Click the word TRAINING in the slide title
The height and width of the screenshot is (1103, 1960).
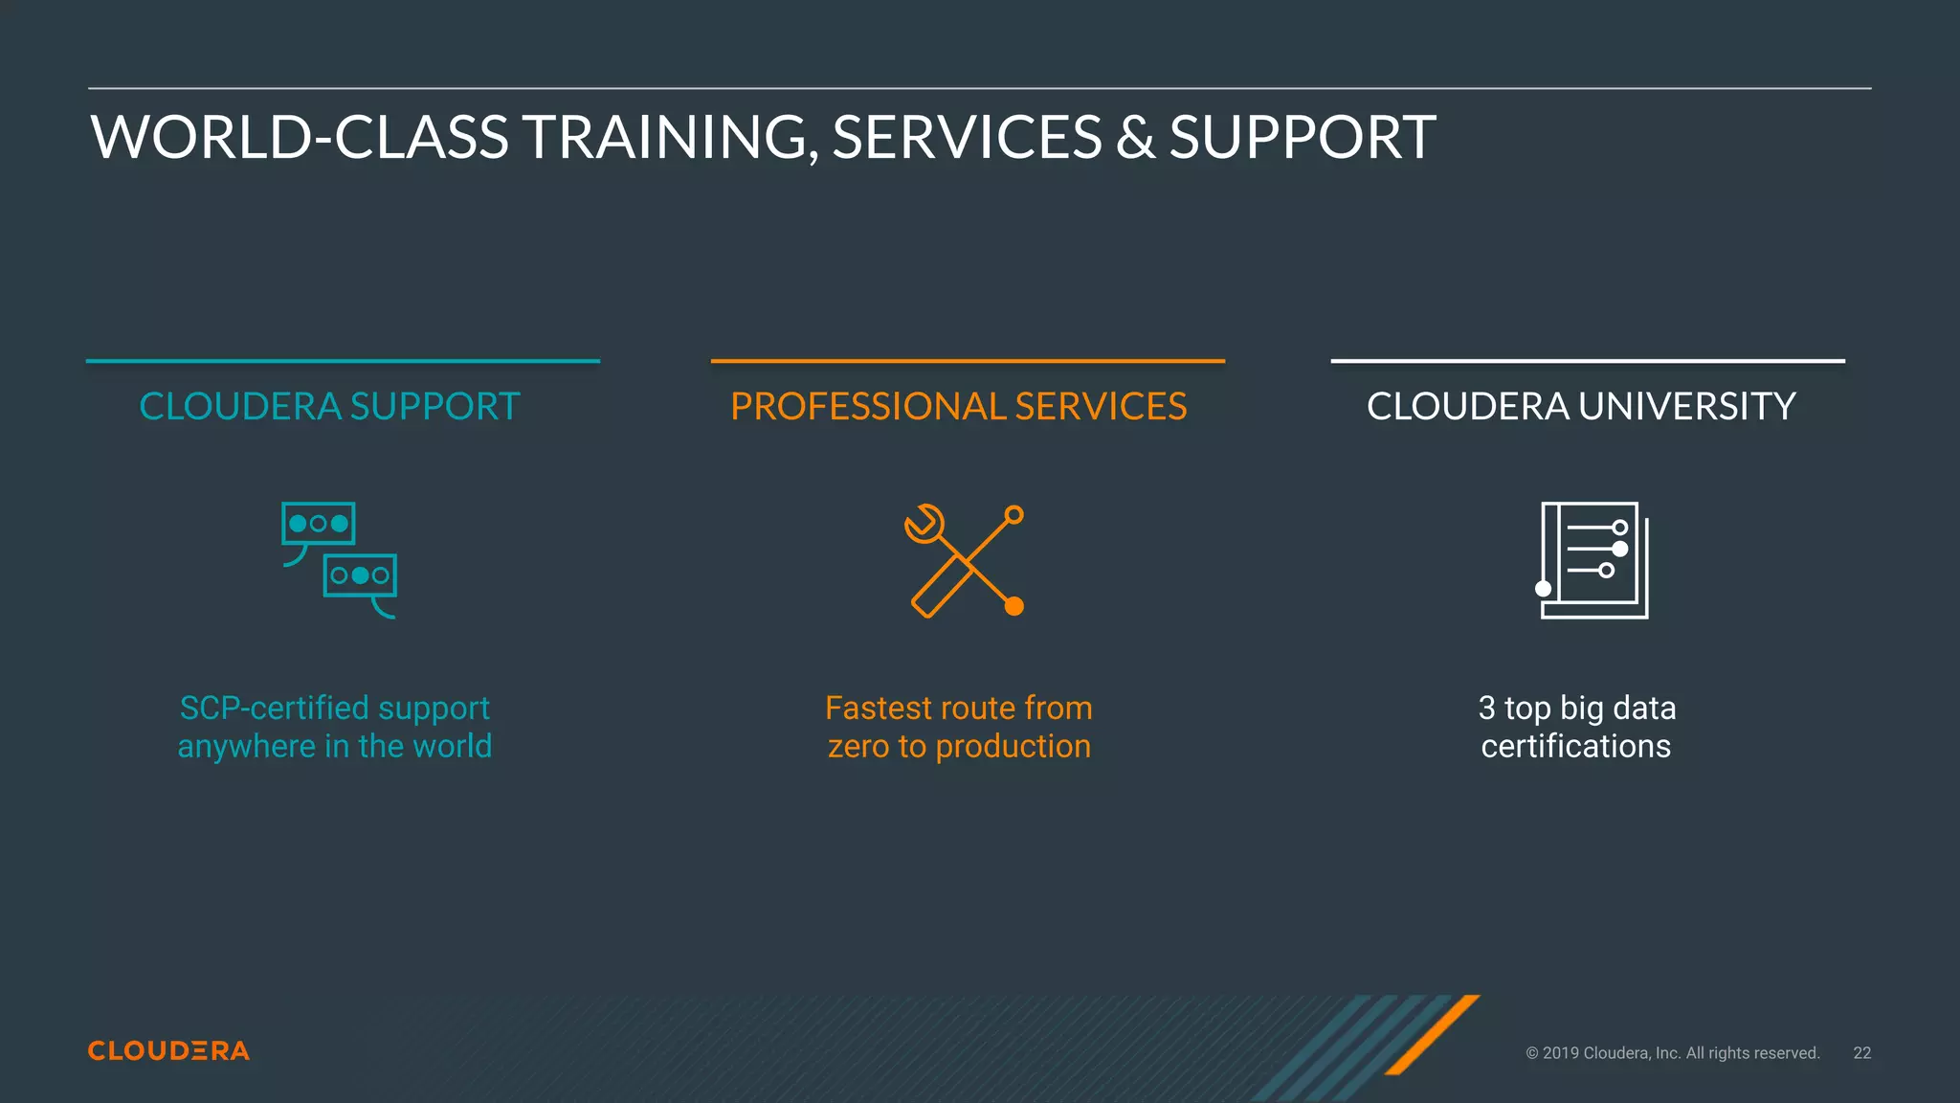coord(669,137)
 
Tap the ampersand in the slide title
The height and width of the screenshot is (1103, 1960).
coord(1135,137)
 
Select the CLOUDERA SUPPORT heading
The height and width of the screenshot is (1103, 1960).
coord(329,406)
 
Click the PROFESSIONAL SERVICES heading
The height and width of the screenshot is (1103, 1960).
coord(958,406)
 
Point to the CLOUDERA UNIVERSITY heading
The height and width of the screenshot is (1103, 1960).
coord(1581,406)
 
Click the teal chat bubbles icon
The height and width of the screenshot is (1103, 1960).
coord(340,560)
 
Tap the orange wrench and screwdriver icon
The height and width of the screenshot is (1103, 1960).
coord(965,561)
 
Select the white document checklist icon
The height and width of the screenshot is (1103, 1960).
coord(1593,560)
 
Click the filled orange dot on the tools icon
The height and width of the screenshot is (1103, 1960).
coord(1014,606)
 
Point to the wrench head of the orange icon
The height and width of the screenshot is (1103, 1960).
coord(924,524)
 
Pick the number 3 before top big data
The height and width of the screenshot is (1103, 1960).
coord(1486,709)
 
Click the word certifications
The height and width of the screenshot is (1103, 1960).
coord(1576,747)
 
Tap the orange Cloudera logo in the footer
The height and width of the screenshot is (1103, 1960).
coord(168,1051)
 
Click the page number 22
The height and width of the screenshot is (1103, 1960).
coord(1861,1053)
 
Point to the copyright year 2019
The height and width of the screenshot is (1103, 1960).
coord(1562,1053)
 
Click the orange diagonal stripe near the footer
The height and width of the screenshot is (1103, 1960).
coord(1433,1034)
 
